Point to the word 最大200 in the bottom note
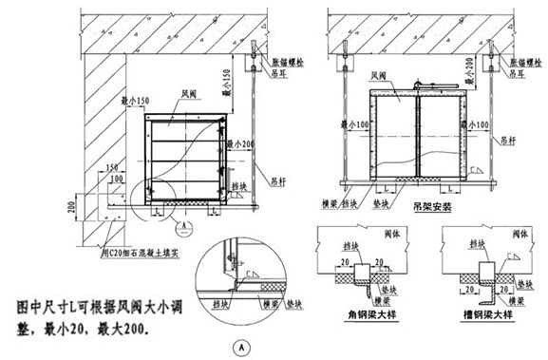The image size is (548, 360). (142, 327)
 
